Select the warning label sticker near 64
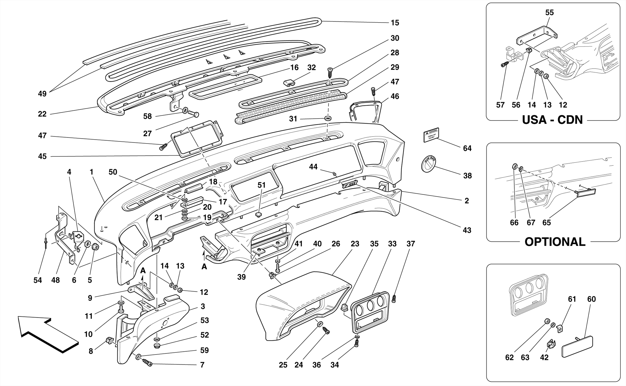(x=431, y=135)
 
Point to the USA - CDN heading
(x=552, y=120)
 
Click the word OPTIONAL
(x=555, y=242)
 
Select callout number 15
(x=395, y=23)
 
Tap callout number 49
(x=42, y=94)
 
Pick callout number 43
(x=467, y=230)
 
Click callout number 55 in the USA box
(x=549, y=13)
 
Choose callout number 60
(x=591, y=299)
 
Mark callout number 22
(x=42, y=114)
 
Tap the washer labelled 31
(x=328, y=118)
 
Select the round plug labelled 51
(x=259, y=214)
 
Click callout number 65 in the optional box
(x=547, y=223)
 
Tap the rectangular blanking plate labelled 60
(x=577, y=347)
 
